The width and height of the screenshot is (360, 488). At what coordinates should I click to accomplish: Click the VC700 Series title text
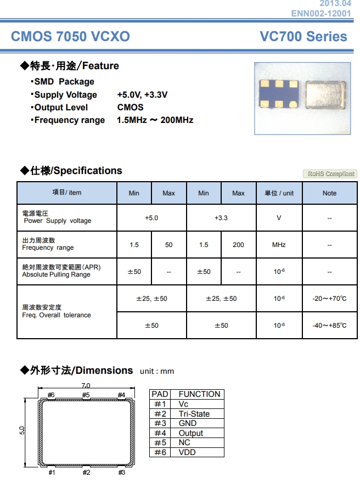[x=303, y=37]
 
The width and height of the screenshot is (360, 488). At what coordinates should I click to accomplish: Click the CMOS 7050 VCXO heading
[x=70, y=37]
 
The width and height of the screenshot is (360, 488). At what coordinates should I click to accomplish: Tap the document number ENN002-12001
[x=321, y=13]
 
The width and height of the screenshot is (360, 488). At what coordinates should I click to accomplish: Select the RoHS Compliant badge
[x=330, y=174]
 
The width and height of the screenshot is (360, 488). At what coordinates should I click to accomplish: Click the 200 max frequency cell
[x=238, y=245]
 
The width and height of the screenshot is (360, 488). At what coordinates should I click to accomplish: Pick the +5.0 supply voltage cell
[x=151, y=218]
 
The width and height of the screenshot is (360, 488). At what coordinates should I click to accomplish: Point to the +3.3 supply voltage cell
[x=221, y=218]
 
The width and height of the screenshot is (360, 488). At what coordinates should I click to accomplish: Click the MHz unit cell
[x=279, y=245]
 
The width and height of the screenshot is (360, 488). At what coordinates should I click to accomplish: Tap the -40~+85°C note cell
[x=329, y=326]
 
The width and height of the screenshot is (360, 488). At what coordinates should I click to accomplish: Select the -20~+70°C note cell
[x=329, y=299]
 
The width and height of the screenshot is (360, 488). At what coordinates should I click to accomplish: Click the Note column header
[x=329, y=193]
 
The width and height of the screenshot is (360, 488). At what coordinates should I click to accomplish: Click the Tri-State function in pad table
[x=194, y=414]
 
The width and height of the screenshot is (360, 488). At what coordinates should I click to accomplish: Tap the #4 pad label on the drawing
[x=121, y=395]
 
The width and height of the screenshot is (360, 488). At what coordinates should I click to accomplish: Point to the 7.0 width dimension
[x=86, y=385]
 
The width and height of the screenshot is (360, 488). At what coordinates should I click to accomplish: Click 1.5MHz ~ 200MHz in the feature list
[x=155, y=120]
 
